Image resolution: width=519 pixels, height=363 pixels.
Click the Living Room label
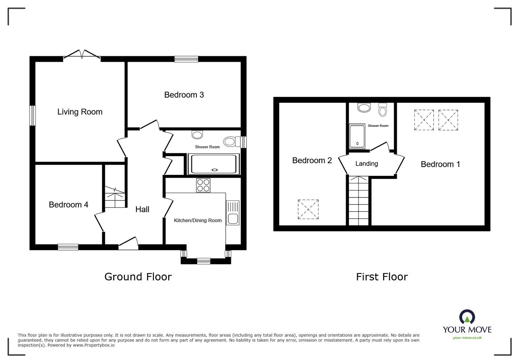[x=80, y=112]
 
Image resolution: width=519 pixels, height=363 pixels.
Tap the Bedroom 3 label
[x=184, y=95]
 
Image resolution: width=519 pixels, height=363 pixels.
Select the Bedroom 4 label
[x=68, y=205]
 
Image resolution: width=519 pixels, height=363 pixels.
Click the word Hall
[x=142, y=210]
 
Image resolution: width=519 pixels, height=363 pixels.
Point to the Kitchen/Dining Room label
[x=198, y=221]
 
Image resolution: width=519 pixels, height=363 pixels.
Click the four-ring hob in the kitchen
[x=203, y=185]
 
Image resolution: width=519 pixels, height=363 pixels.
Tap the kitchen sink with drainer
[x=232, y=213]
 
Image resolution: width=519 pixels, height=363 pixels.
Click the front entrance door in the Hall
[x=129, y=244]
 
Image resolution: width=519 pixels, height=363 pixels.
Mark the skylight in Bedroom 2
[x=308, y=209]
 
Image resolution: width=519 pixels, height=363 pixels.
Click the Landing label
[x=366, y=164]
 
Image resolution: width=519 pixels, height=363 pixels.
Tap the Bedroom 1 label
[x=440, y=164]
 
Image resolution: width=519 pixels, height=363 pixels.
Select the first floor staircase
[x=359, y=201]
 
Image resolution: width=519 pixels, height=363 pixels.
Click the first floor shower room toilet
[x=383, y=110]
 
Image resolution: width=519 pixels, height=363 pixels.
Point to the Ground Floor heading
[x=138, y=277]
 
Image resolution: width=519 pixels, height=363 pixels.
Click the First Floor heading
[x=382, y=277]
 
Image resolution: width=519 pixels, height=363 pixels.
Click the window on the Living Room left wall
[x=32, y=115]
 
